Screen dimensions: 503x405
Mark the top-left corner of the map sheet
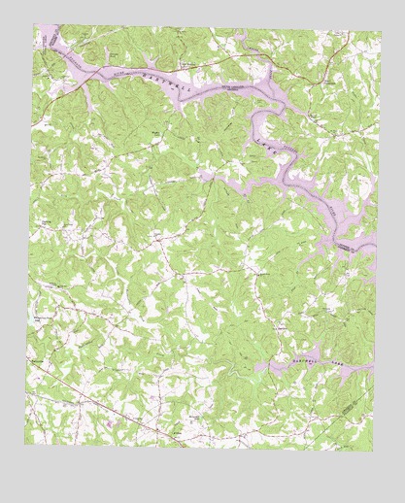pos(36,26)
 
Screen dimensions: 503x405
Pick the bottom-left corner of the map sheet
pos(25,445)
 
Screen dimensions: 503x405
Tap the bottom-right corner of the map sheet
pos(371,452)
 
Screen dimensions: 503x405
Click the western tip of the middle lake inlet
pos(201,176)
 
